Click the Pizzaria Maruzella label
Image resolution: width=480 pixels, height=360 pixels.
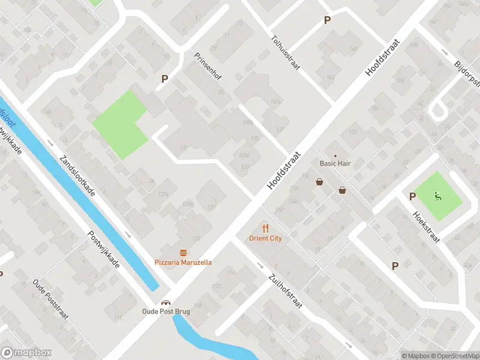pyautogui.click(x=183, y=262)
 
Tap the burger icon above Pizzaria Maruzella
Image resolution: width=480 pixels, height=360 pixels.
pyautogui.click(x=183, y=253)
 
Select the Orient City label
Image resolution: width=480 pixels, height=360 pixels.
pyautogui.click(x=265, y=238)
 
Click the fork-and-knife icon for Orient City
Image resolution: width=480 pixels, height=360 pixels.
pyautogui.click(x=265, y=228)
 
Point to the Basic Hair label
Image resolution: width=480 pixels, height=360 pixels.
pyautogui.click(x=335, y=163)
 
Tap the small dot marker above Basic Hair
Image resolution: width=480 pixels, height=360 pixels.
pyautogui.click(x=335, y=155)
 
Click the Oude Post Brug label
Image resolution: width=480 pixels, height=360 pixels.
pyautogui.click(x=166, y=311)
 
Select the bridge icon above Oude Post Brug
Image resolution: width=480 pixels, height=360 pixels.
pyautogui.click(x=166, y=302)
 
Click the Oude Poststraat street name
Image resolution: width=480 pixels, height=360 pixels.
pyautogui.click(x=50, y=300)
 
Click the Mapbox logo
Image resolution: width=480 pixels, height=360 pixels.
pyautogui.click(x=26, y=353)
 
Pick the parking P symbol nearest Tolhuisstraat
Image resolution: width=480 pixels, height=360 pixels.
pyautogui.click(x=327, y=20)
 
